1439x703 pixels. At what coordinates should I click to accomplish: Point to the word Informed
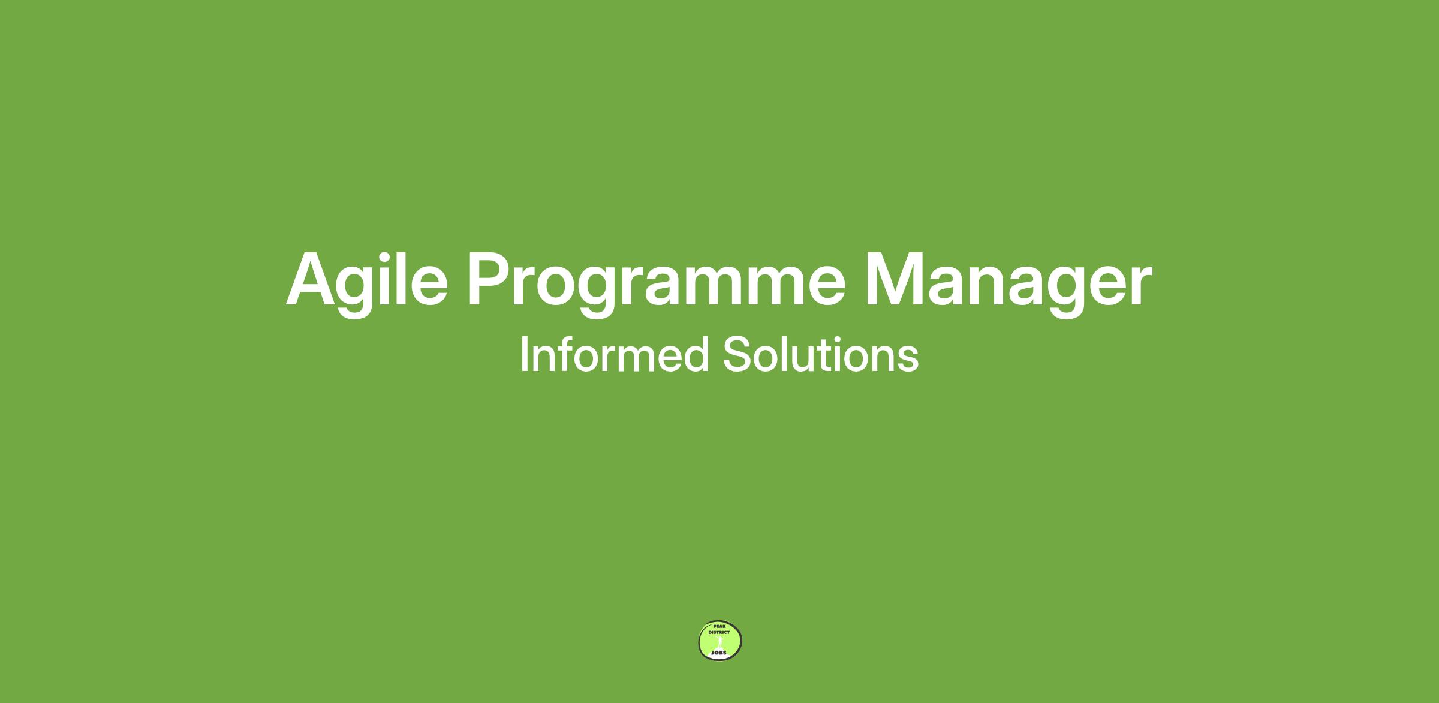pyautogui.click(x=615, y=354)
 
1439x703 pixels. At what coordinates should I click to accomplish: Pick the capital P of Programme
pyautogui.click(x=491, y=279)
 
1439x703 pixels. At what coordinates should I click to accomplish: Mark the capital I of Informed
pyautogui.click(x=523, y=354)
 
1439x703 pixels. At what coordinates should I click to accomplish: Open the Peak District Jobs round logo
pyautogui.click(x=720, y=641)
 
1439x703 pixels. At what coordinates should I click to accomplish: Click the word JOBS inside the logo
pyautogui.click(x=718, y=653)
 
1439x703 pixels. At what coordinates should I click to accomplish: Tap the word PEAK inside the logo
pyautogui.click(x=719, y=626)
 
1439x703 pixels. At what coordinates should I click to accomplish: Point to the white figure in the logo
pyautogui.click(x=719, y=642)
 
